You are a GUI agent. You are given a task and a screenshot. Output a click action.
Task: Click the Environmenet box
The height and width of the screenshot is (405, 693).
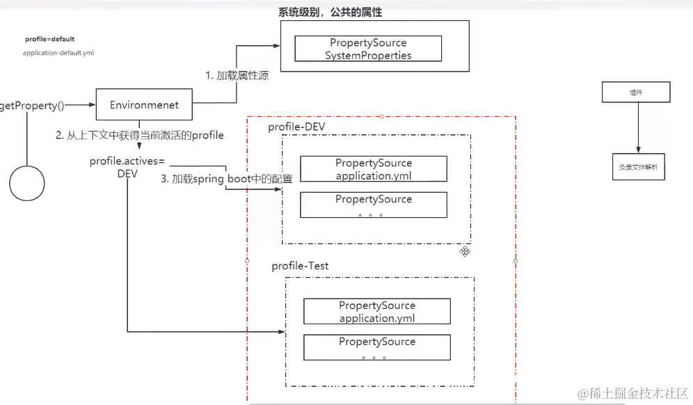click(144, 105)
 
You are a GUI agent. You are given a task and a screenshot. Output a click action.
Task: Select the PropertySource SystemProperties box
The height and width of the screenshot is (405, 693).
click(368, 49)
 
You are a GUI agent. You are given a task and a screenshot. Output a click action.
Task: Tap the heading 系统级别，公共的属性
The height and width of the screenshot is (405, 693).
click(330, 13)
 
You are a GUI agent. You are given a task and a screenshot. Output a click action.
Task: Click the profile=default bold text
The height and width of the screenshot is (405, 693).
click(49, 40)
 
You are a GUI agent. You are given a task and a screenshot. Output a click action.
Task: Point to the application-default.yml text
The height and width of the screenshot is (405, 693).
click(58, 53)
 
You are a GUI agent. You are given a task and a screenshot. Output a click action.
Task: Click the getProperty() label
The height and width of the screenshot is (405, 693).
click(32, 106)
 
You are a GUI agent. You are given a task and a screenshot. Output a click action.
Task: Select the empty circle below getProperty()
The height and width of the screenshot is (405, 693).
click(27, 183)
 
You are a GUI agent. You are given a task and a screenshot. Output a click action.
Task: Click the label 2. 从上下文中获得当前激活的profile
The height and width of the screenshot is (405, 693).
click(140, 135)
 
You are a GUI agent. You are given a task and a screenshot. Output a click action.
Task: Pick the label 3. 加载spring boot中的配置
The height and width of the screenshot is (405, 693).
click(227, 179)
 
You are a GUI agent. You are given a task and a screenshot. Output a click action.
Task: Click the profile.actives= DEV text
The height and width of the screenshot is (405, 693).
click(127, 167)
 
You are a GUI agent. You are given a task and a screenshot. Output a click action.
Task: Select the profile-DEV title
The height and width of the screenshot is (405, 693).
click(296, 126)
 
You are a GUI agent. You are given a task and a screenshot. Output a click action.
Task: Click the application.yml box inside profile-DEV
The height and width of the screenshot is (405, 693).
click(374, 169)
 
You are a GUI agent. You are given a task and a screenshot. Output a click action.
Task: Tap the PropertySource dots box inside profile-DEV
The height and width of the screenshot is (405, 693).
click(374, 205)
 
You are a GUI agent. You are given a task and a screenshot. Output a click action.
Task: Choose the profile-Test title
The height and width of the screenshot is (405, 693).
click(300, 266)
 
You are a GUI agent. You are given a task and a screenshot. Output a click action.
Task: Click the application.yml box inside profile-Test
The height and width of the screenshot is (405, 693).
click(377, 312)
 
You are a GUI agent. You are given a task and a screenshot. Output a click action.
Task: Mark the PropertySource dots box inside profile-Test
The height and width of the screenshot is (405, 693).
click(377, 347)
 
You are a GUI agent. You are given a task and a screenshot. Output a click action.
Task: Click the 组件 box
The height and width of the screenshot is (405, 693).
click(636, 92)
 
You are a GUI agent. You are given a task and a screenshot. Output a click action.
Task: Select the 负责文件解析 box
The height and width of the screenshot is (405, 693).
click(637, 167)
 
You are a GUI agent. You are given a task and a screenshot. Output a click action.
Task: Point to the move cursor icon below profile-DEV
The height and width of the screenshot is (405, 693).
click(465, 251)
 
